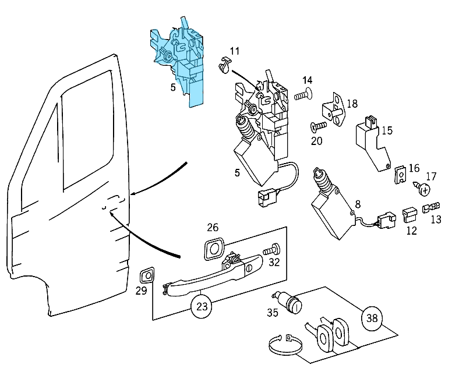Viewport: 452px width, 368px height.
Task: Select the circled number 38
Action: (373, 318)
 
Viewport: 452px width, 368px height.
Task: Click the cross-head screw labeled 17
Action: (423, 189)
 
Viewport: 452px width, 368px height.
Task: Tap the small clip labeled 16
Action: (400, 175)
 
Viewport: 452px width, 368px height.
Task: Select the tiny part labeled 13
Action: (433, 206)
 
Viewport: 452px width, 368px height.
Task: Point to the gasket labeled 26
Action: (213, 249)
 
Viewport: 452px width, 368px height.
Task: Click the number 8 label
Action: (358, 204)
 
